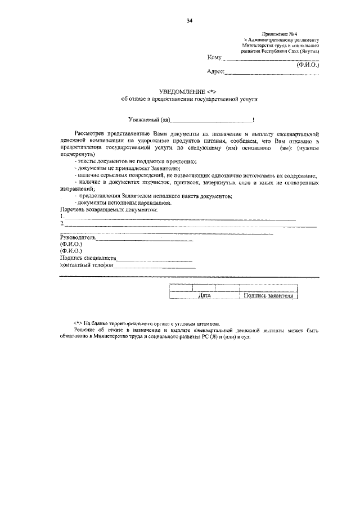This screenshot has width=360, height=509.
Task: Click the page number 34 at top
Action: coord(189,21)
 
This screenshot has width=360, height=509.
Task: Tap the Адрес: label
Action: coord(216,71)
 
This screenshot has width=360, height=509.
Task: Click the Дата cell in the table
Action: coord(205,295)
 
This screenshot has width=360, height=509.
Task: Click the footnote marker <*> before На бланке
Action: coord(78,324)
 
